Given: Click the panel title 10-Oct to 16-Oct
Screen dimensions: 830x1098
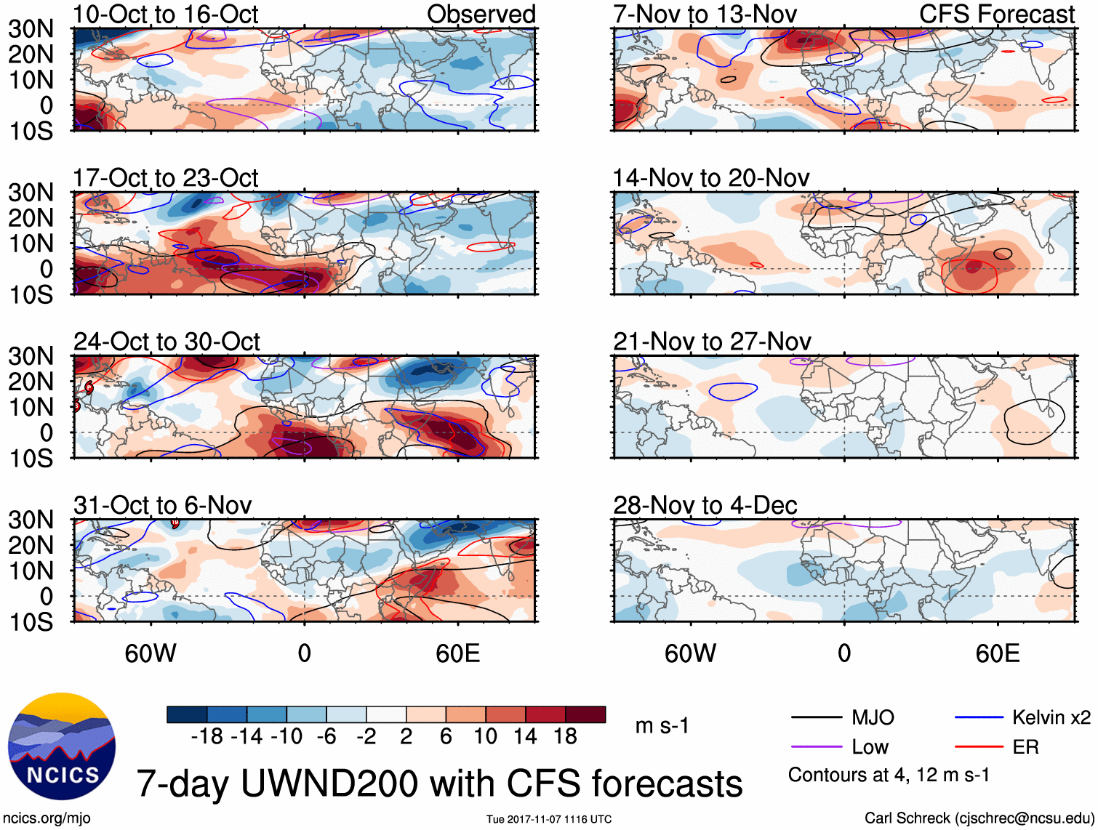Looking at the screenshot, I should click(165, 15).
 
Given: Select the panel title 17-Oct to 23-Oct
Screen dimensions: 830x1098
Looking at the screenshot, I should click(165, 178).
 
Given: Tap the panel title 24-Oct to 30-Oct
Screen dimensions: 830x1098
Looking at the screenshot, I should click(166, 342).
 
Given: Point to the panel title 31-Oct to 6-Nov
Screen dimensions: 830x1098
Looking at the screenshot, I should click(162, 505).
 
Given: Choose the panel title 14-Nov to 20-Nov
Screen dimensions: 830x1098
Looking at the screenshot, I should click(710, 178).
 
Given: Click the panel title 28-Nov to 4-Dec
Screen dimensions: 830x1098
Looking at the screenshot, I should click(705, 505).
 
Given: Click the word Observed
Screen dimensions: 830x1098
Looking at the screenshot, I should click(481, 15).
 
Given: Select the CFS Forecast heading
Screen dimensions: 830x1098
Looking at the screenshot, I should click(996, 15).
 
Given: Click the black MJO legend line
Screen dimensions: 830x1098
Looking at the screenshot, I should click(816, 718).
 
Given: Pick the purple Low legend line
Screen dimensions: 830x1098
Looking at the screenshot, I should click(816, 747).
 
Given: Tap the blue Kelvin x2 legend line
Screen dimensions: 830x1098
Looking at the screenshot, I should click(979, 718).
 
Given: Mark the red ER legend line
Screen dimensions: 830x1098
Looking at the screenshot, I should click(979, 747).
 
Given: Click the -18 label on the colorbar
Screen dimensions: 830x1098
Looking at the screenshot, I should click(207, 737).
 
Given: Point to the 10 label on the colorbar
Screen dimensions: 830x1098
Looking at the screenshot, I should click(485, 737).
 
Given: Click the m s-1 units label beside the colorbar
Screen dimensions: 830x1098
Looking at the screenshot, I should click(662, 726).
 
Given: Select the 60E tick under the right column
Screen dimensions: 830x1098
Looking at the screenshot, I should click(997, 653).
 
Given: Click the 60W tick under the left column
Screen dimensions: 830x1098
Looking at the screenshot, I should click(151, 653).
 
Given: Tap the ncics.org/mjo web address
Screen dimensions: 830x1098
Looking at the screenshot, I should click(47, 818).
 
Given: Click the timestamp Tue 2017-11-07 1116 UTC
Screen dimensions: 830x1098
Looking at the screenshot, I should click(549, 819).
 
